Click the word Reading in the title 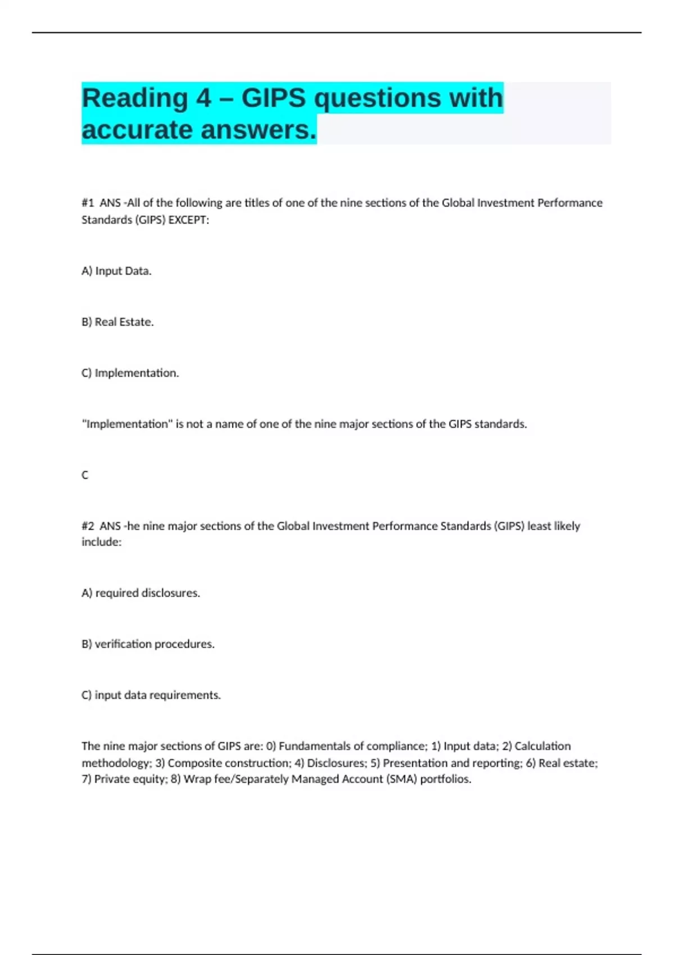(135, 98)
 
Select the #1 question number (88, 203)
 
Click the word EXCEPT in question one (188, 220)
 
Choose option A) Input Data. (117, 271)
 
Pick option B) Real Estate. (117, 322)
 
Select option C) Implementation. (130, 373)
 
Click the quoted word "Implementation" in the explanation (127, 424)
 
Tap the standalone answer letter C (85, 475)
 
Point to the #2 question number (88, 526)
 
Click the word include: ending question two (101, 542)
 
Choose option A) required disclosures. (141, 593)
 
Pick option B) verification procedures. (148, 644)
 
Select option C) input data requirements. (151, 695)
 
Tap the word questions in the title (377, 98)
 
